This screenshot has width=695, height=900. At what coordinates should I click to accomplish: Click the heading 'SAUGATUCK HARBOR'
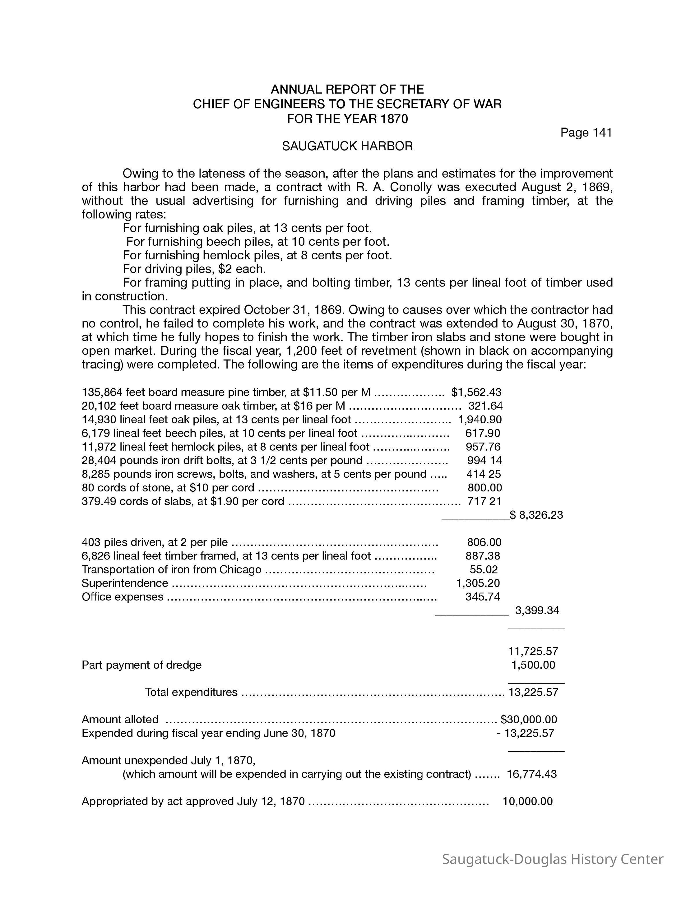[347, 146]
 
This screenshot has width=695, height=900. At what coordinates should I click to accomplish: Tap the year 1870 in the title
[394, 119]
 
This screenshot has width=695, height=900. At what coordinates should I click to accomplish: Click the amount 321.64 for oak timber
[485, 406]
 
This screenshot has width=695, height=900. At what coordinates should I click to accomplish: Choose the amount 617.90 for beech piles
[482, 433]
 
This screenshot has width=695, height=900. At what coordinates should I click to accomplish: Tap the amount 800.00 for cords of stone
[484, 488]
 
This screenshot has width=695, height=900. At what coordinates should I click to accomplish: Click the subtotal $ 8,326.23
[536, 515]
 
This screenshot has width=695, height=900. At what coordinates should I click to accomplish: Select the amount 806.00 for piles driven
[484, 542]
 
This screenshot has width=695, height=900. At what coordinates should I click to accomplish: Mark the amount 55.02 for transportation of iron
[484, 569]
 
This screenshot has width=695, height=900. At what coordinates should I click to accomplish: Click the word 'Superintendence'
[125, 583]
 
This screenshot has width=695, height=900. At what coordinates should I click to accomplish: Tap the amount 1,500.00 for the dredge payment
[533, 665]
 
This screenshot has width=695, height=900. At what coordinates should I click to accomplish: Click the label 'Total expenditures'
[191, 692]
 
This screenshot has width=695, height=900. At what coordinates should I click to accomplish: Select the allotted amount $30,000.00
[529, 719]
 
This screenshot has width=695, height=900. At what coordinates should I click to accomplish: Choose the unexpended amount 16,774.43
[532, 774]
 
